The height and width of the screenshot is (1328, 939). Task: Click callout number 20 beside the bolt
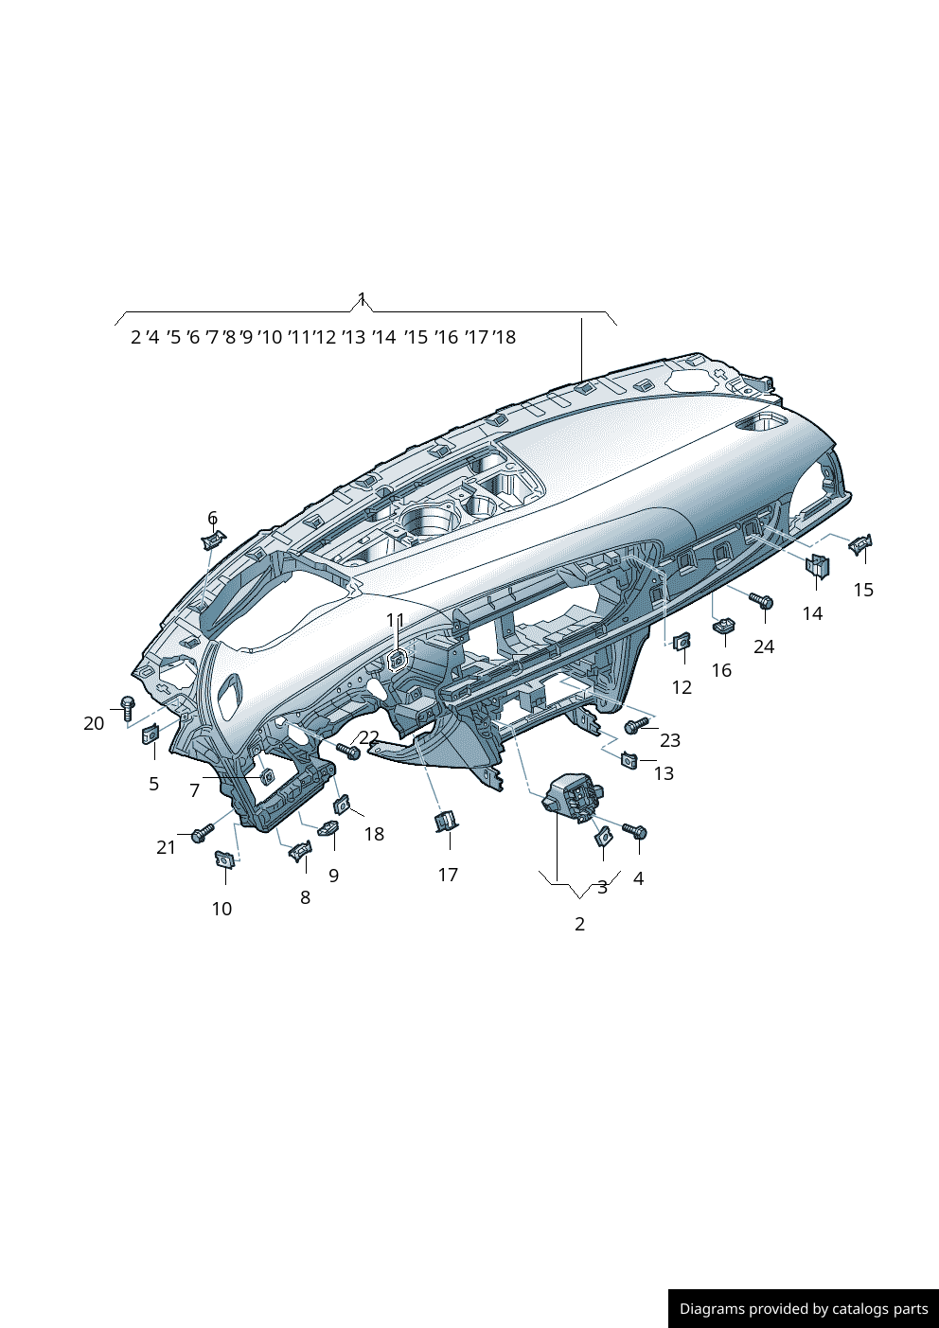[x=94, y=723]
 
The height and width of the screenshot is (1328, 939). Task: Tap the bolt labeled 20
[x=128, y=706]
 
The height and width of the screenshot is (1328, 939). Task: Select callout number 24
[x=764, y=646]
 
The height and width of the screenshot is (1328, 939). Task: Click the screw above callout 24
[x=762, y=600]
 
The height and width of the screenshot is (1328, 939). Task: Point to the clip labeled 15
[x=859, y=544]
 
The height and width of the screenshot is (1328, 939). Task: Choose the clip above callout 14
[x=816, y=565]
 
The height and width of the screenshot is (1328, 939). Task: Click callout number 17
[x=448, y=875]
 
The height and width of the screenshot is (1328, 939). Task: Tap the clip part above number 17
[x=446, y=821]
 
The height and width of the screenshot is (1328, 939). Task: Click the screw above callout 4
[x=634, y=831]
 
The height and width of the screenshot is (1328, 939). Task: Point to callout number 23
[x=670, y=740]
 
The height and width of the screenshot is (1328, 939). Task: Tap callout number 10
[x=221, y=909]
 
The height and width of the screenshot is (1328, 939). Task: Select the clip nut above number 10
[x=225, y=859]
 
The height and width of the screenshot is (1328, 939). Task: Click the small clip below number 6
[x=213, y=540]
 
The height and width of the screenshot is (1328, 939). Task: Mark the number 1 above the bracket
[x=362, y=299]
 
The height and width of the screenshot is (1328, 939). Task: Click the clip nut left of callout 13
[x=629, y=758]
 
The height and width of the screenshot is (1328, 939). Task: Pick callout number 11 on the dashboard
[x=395, y=620]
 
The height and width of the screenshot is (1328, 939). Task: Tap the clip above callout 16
[x=724, y=625]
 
